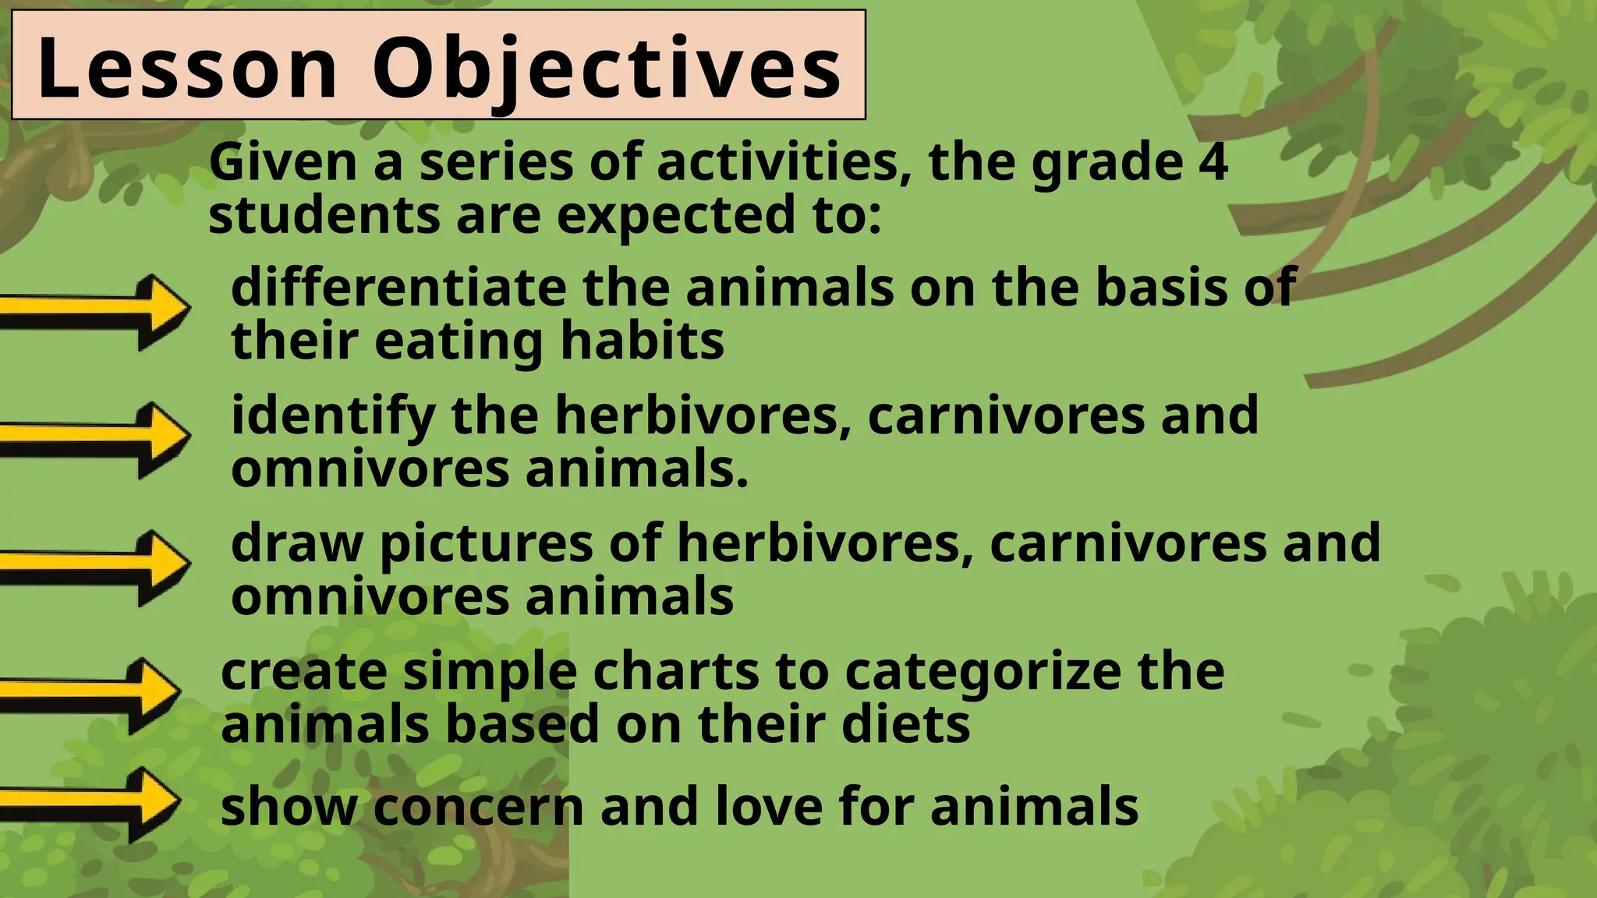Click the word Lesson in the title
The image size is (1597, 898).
187,69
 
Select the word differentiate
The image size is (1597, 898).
398,288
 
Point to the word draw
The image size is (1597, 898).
297,543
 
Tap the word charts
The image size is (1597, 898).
675,671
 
